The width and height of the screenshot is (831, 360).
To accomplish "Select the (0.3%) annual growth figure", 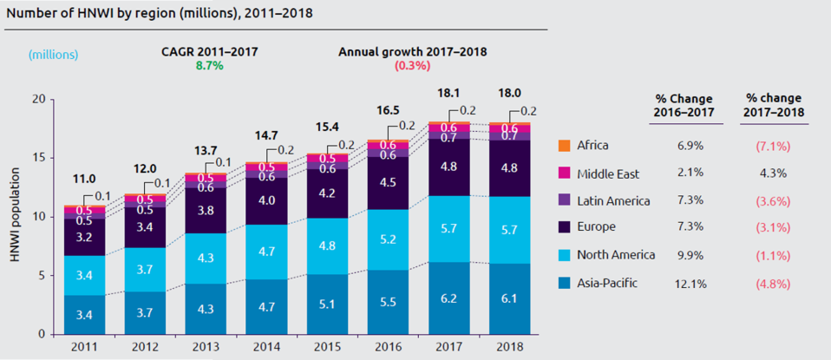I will (411, 66).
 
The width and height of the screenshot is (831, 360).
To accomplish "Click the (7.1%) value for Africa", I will (773, 146).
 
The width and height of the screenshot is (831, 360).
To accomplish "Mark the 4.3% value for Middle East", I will (773, 173).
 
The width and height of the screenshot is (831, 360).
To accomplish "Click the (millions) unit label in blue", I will (53, 54).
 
